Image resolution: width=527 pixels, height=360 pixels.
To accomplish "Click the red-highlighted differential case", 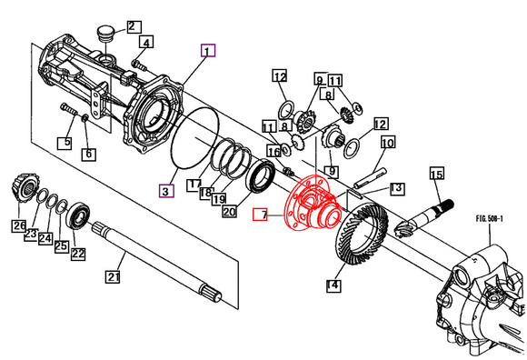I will pos(310,205).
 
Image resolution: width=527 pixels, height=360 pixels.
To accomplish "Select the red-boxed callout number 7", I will pos(261,216).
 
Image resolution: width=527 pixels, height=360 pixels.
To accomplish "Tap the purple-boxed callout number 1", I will pos(209,52).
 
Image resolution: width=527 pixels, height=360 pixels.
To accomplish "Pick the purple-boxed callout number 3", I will pos(165,191).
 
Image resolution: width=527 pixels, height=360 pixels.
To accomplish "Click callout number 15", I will pos(436,175).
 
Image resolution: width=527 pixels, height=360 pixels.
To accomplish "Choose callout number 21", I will pos(114,276).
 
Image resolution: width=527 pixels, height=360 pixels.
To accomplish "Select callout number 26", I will pos(19,225).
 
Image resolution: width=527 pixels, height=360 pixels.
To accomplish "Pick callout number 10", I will pos(388,144).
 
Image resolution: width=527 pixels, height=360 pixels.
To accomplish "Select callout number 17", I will pos(194,185).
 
